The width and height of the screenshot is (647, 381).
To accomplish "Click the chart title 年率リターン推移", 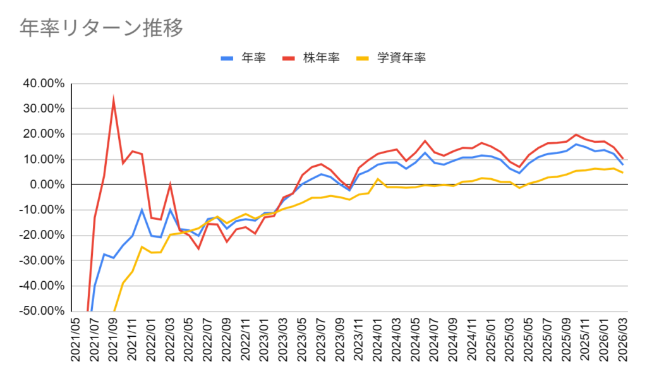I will click(x=101, y=28).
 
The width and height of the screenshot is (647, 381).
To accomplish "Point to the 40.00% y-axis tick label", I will click(x=43, y=83).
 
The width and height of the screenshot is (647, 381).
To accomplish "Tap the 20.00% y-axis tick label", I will click(x=43, y=134).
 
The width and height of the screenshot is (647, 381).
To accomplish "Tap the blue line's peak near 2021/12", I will click(x=142, y=209).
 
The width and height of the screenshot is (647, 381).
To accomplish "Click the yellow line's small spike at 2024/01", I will click(x=378, y=179).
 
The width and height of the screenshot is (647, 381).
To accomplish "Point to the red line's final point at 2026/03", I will click(x=623, y=159).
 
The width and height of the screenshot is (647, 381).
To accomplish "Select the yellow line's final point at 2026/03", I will click(x=623, y=172).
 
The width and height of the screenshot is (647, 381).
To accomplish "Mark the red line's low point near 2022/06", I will click(x=198, y=248).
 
